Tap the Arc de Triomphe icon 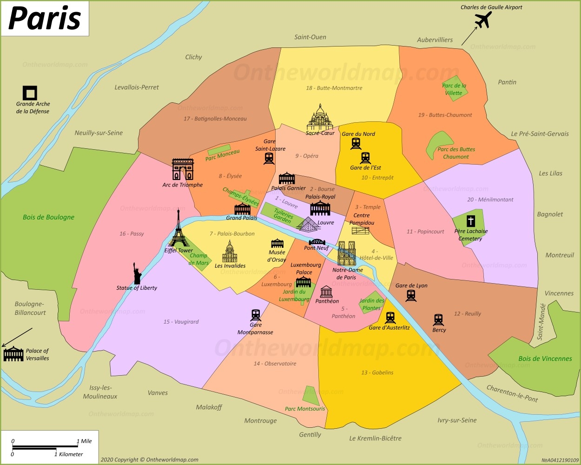pos(183,169)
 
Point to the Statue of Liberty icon pos(137,273)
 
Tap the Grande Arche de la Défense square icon pos(30,93)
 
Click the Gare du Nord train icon pos(356,144)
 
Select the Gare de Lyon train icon pos(411,296)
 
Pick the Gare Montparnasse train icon pos(256,315)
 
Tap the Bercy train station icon pos(438,320)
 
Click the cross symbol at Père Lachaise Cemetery pos(471,221)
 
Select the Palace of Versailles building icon pos(13,354)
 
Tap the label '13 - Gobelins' pos(377,372)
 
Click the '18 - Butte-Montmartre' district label pos(334,88)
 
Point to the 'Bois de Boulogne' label pos(48,217)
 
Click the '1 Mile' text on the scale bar pos(84,441)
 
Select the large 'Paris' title pos(45,19)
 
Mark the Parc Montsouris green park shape pos(310,396)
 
